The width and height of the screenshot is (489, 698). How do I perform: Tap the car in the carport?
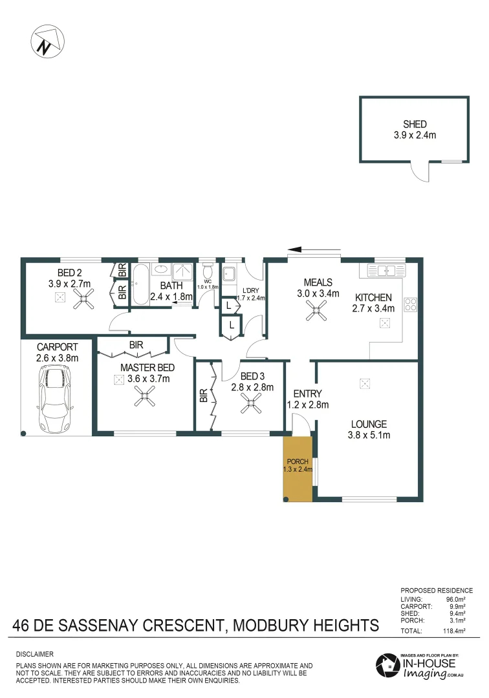click(x=56, y=400)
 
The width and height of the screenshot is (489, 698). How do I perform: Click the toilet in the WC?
click(x=208, y=271)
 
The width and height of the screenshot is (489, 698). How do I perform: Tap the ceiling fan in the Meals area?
click(x=316, y=313)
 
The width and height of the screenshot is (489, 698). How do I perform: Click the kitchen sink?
click(x=386, y=270)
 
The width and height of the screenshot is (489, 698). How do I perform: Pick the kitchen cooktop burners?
click(x=410, y=304)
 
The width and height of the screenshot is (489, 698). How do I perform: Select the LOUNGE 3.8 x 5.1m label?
click(x=369, y=430)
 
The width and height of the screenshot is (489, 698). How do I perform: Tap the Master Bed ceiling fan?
click(x=145, y=396)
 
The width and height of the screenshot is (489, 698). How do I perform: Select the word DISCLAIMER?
click(x=34, y=654)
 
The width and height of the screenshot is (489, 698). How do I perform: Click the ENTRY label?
click(x=307, y=394)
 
